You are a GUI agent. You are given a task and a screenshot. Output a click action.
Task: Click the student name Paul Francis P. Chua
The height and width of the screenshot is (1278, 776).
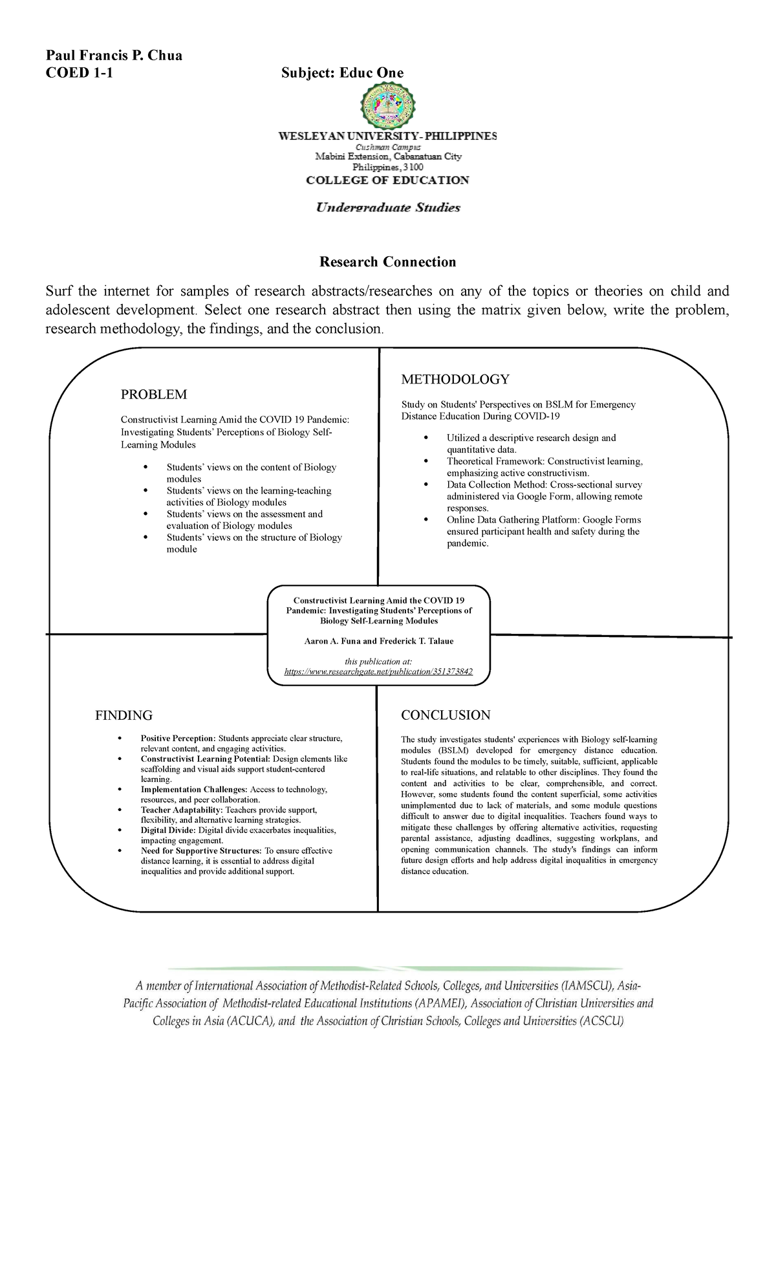click(113, 55)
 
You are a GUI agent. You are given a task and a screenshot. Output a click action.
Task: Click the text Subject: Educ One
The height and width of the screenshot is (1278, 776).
click(342, 72)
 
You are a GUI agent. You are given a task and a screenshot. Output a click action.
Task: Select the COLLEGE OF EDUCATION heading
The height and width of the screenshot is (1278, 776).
click(387, 180)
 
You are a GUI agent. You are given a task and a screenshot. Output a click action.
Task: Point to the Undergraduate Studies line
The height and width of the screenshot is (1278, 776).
click(387, 208)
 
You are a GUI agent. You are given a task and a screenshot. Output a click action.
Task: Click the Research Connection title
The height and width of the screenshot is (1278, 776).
click(387, 261)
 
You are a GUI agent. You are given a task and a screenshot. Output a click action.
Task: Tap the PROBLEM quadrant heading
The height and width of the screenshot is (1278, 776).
click(154, 395)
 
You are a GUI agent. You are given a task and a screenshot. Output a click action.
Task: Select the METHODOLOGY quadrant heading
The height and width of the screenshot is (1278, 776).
click(455, 379)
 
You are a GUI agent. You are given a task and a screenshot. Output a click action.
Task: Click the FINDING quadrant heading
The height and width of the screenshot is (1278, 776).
click(124, 715)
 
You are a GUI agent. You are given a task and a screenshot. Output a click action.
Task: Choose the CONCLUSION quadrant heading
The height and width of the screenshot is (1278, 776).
click(446, 715)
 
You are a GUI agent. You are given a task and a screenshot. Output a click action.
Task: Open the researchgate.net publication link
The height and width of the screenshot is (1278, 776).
click(379, 671)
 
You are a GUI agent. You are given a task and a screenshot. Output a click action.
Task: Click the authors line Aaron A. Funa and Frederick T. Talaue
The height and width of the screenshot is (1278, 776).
click(379, 641)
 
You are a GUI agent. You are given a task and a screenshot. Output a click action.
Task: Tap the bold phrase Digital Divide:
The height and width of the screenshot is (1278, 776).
click(168, 830)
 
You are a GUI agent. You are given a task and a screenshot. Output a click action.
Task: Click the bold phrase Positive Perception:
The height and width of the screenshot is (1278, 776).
click(178, 738)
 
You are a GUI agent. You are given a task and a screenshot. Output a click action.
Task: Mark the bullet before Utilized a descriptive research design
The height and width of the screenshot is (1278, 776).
click(425, 438)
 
